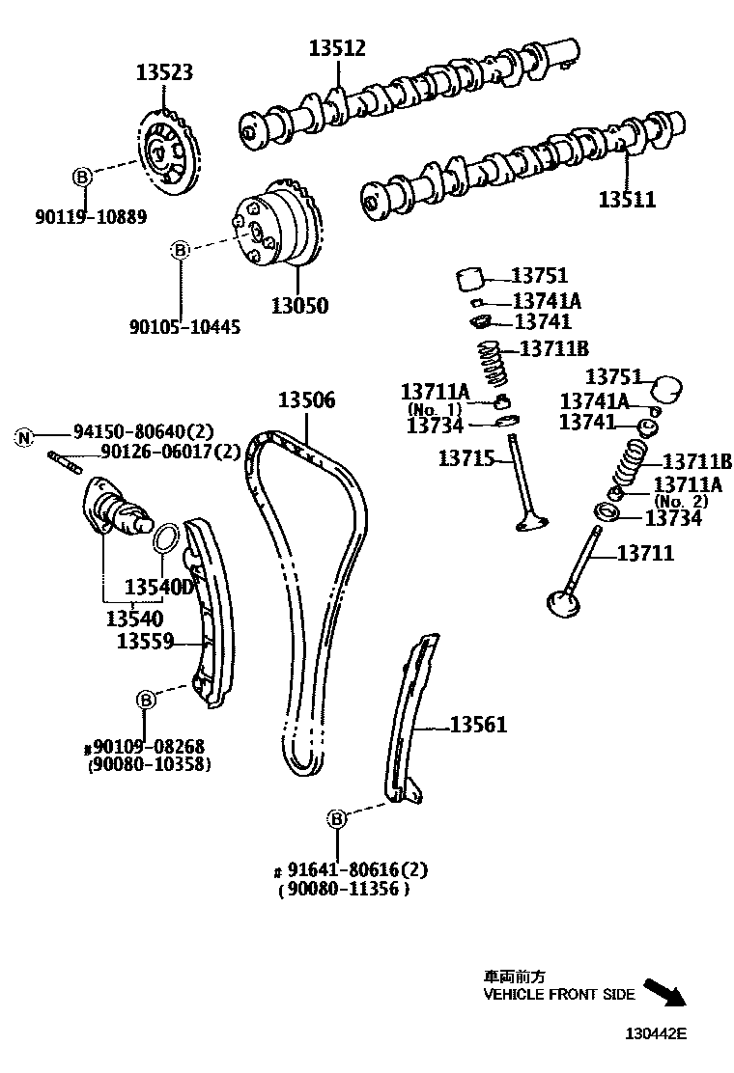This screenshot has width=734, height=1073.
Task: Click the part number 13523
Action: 164,72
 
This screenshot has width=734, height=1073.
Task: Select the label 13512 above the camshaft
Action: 337,47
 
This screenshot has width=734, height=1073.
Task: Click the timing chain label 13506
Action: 307,399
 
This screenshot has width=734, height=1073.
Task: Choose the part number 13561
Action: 478,725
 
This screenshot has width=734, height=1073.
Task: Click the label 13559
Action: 145,639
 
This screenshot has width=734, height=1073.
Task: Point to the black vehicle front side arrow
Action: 664,993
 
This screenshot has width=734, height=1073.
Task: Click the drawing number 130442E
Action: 654,1033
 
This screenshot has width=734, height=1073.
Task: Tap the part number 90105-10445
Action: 185,327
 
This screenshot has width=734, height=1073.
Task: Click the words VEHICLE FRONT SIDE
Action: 559,995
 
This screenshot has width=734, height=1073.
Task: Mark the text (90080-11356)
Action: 343,891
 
